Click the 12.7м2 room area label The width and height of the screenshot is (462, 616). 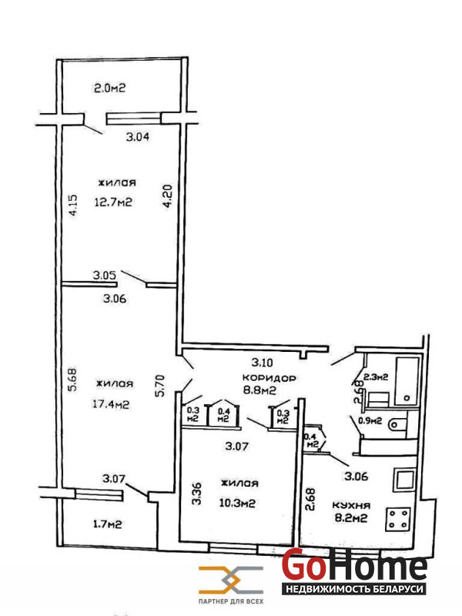coord(113,203)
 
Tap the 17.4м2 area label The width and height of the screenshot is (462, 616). coord(111,403)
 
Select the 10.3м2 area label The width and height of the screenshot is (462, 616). coord(237,503)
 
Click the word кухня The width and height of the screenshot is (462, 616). coord(351,505)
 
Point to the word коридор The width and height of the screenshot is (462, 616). coord(269,378)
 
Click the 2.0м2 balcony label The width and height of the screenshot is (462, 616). coord(109,88)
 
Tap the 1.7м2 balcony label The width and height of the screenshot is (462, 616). coord(107,524)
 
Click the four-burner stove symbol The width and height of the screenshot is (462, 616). coord(398,519)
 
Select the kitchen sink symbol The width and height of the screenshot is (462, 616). coord(404,479)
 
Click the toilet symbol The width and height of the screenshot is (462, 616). coord(397,424)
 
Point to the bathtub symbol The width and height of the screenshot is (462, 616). coord(407,381)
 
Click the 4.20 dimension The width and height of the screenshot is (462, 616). coord(168,196)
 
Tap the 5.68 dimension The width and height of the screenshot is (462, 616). coord(72,379)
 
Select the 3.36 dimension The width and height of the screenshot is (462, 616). coord(197,494)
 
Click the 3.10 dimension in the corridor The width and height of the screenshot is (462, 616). coord(263,362)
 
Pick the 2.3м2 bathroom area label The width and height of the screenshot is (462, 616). coord(376,377)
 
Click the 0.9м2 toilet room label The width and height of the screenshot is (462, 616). coord(370,420)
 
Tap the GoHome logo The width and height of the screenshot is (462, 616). coord(354,571)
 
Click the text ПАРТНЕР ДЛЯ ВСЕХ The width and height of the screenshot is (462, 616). coord(231,601)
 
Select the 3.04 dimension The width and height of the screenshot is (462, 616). coord(138,137)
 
